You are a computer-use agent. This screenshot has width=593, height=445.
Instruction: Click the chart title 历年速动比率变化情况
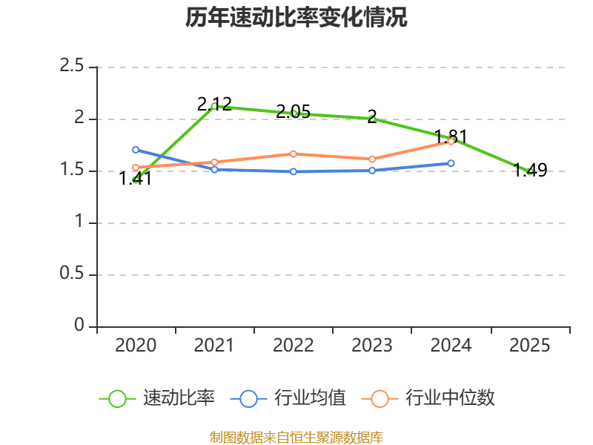point(296,17)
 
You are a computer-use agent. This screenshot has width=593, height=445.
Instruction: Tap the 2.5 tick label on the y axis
point(71,65)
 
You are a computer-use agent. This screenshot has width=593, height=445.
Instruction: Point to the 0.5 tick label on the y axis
point(71,273)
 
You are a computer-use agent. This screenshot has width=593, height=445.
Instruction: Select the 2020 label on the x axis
point(136,345)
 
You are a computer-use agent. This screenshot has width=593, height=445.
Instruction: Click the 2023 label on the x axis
point(372,345)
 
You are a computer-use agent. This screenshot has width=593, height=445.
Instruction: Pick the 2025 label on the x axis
point(529,345)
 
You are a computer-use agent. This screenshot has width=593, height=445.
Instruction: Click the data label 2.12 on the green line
point(214,104)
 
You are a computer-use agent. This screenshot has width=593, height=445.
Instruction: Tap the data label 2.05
point(293,111)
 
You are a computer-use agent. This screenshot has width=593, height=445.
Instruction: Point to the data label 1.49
point(530,170)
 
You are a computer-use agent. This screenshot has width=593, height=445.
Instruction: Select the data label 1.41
point(136,178)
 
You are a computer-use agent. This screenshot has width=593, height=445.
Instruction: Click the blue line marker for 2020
point(136,150)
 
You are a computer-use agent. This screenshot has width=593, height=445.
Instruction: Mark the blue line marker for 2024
point(451,163)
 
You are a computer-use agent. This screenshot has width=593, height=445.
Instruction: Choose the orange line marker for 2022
point(293,154)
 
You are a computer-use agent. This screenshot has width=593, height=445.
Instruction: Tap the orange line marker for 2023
point(372,159)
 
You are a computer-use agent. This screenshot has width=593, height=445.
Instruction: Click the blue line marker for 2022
point(293,172)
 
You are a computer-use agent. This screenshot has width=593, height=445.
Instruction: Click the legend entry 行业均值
point(288,398)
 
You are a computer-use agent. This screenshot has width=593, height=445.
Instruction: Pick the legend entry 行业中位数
point(428,398)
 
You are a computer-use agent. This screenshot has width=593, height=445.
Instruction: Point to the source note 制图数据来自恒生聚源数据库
point(296,438)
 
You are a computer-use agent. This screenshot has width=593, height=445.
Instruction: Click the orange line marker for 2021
point(214,162)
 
